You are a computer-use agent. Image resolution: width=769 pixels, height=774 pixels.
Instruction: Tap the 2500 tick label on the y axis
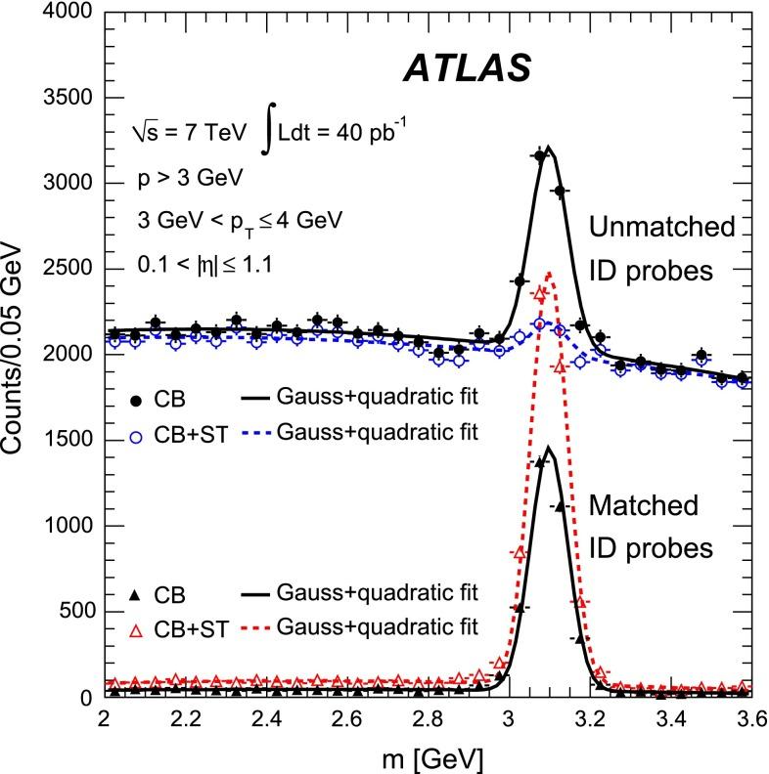pos(64,270)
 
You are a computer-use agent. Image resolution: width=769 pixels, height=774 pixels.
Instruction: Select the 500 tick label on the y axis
pos(70,613)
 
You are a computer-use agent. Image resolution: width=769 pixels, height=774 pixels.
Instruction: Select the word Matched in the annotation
pos(644,506)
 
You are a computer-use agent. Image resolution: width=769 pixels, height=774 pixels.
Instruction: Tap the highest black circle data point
pos(540,155)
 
